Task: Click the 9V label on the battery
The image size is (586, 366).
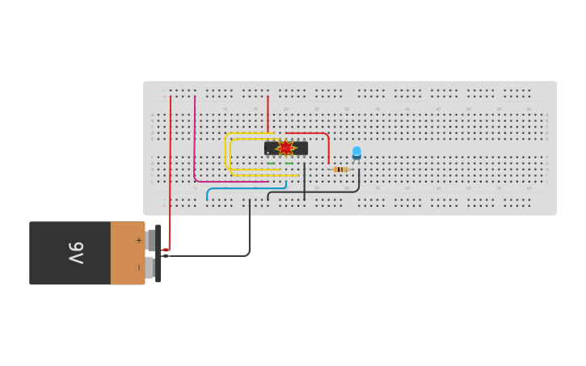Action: (x=75, y=253)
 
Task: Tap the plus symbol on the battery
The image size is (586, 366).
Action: (x=138, y=240)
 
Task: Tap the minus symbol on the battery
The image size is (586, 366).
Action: (x=138, y=267)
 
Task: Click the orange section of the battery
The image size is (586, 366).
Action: (x=127, y=253)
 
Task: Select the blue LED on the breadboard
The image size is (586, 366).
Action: (x=356, y=152)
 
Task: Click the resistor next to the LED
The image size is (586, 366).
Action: (x=340, y=169)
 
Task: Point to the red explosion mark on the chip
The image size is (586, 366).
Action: (x=285, y=148)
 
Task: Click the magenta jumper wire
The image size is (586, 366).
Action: (x=195, y=145)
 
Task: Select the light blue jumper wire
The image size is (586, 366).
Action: (x=234, y=189)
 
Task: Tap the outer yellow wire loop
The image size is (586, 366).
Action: (x=226, y=149)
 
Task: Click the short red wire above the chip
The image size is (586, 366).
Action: (x=268, y=113)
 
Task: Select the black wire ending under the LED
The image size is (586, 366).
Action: (x=323, y=191)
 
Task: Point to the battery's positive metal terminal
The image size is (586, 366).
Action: (x=150, y=240)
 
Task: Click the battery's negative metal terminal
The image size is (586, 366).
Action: (x=150, y=267)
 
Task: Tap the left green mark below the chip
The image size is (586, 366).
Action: (x=271, y=163)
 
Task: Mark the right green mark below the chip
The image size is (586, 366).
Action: (x=289, y=163)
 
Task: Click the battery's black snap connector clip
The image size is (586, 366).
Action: (x=158, y=254)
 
